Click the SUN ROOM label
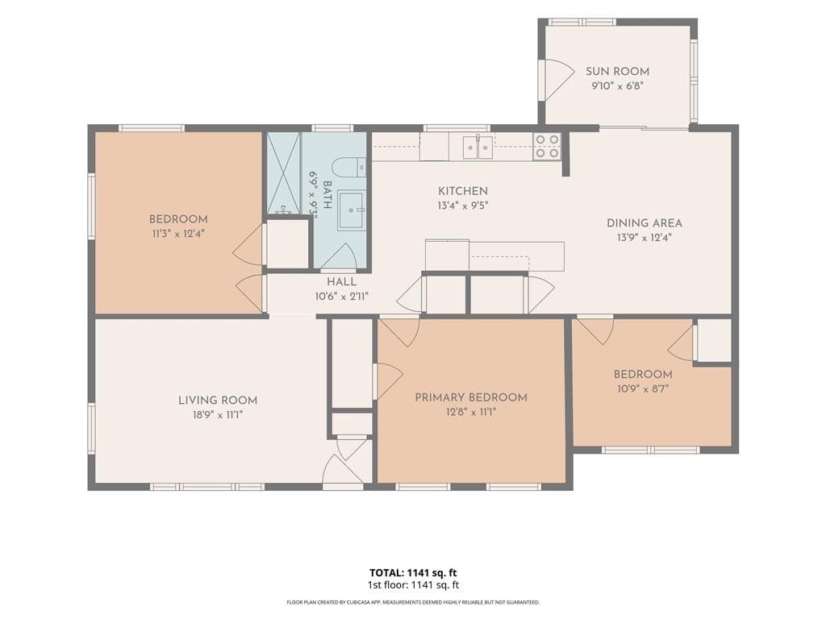[617, 72]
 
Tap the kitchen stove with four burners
[547, 147]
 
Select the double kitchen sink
[478, 147]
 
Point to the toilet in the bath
[352, 168]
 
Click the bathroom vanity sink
[350, 211]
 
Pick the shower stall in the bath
[283, 173]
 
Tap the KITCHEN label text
[463, 191]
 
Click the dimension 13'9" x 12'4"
[645, 238]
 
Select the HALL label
[341, 281]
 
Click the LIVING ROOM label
[218, 401]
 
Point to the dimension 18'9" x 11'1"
[218, 415]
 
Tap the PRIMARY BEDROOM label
[471, 397]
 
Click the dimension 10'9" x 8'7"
[643, 389]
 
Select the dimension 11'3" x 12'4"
[178, 234]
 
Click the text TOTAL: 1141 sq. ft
[413, 573]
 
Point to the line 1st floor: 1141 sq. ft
[413, 585]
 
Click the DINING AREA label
[645, 223]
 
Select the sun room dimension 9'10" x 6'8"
[617, 85]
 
